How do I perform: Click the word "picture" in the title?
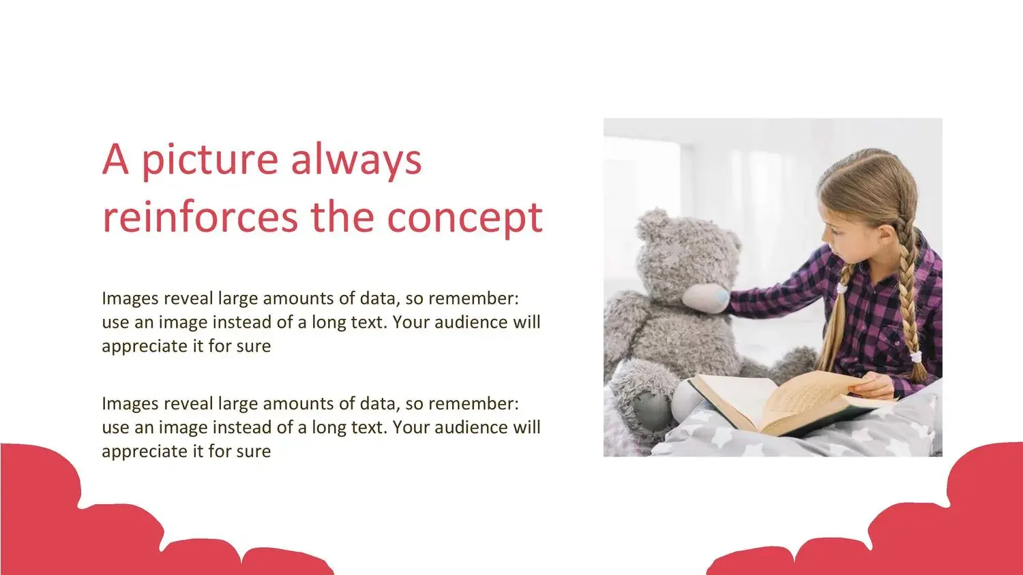coord(210,161)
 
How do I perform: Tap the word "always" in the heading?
coord(356,161)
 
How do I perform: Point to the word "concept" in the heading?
coord(465,220)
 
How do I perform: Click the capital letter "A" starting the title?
coord(115,159)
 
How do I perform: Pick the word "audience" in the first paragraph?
coord(471,322)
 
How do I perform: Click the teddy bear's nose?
coord(722,296)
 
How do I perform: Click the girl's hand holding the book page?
coord(872,386)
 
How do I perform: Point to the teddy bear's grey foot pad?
coord(651,411)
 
